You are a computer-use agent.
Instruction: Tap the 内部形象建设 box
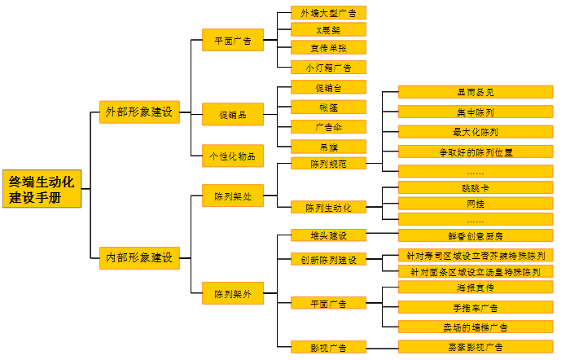[138, 257]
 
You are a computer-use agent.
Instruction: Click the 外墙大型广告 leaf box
[328, 12]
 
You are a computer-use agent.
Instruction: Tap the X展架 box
[328, 30]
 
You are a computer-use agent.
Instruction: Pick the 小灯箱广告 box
[328, 68]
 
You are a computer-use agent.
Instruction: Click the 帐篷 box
[328, 107]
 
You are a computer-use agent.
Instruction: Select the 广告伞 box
[328, 126]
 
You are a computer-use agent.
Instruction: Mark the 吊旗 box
[328, 146]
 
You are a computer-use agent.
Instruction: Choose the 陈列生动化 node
[328, 207]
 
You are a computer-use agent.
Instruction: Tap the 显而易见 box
[477, 92]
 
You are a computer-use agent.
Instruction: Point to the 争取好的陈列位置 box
[477, 151]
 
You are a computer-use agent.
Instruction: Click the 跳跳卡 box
[477, 187]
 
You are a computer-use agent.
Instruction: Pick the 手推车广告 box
[477, 307]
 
